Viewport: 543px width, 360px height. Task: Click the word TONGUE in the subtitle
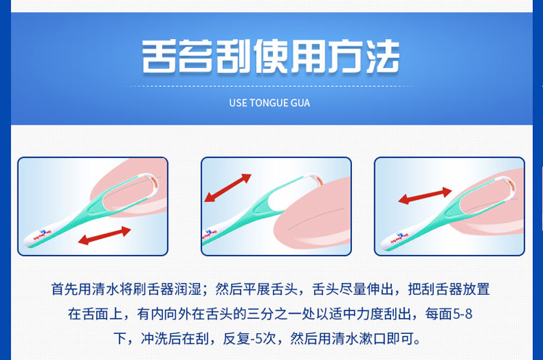[x=269, y=103]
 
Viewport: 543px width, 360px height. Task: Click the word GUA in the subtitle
[x=300, y=103]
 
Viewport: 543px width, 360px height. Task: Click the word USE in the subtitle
[x=238, y=103]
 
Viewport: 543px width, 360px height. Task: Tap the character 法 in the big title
[x=382, y=56]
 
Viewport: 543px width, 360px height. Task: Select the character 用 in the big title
[x=307, y=56]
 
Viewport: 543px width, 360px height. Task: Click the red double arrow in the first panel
[x=104, y=235]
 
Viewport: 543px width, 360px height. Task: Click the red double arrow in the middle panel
[x=227, y=188]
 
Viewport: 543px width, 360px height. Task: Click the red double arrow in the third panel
[x=425, y=196]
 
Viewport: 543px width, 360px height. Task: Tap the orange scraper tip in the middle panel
[x=319, y=180]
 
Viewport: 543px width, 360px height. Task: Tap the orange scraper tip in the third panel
[x=511, y=185]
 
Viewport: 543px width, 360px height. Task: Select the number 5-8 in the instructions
[x=463, y=314]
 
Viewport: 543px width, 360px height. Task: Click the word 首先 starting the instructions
[x=64, y=289]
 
